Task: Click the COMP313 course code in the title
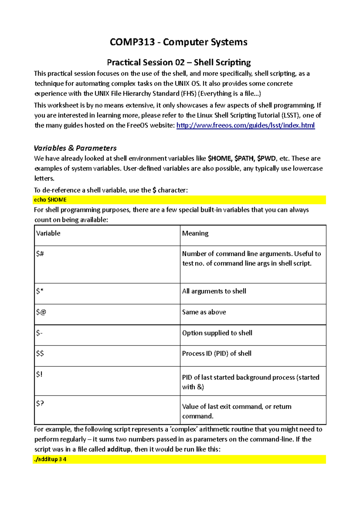click(x=132, y=42)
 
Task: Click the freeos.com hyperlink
click(x=245, y=125)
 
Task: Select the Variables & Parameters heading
click(x=75, y=148)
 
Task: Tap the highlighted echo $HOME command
click(x=50, y=200)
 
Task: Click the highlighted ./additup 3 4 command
click(x=50, y=459)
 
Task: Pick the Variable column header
click(x=48, y=233)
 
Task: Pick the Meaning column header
click(x=195, y=233)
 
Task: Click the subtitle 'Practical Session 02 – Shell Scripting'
click(x=179, y=62)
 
